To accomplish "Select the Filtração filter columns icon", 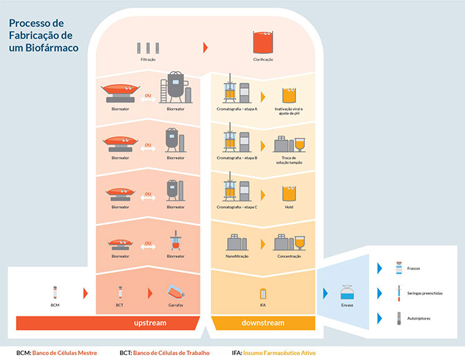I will [x=148, y=48].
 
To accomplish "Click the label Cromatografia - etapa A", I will [x=237, y=109].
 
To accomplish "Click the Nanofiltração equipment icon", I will [x=237, y=242].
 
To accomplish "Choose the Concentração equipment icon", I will [x=289, y=241].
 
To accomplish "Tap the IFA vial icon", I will [x=262, y=293].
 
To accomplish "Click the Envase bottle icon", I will [x=347, y=292].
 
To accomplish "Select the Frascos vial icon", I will [x=398, y=267].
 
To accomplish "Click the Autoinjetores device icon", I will [x=398, y=318].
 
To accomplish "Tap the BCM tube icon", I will [x=55, y=292].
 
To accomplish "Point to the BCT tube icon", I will [x=119, y=292].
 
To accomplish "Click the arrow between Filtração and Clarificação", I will [x=205, y=48].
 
